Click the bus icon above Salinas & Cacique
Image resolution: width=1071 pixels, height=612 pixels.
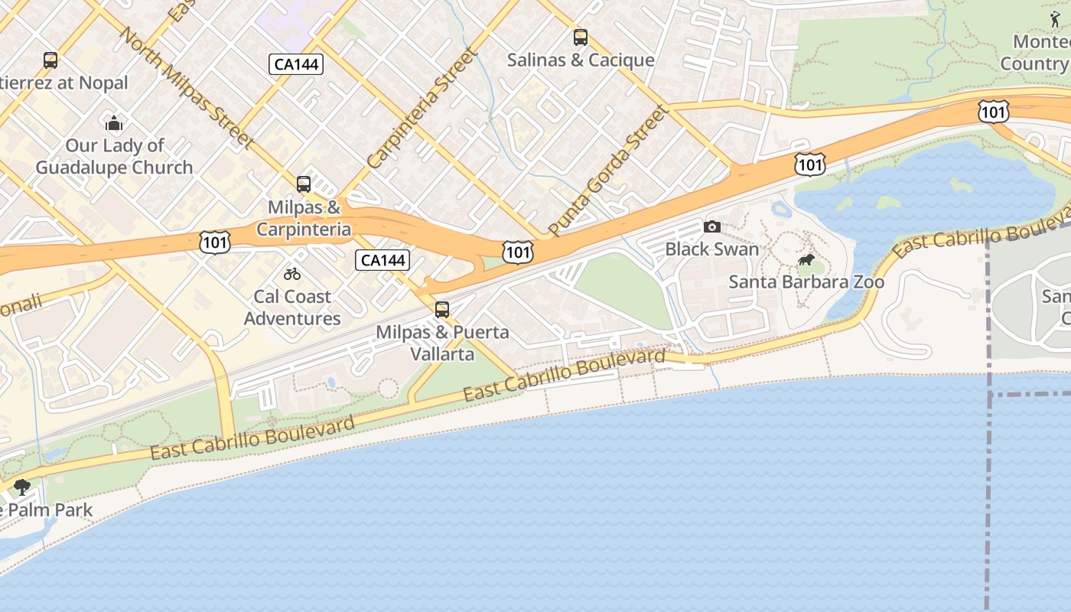pos(581,37)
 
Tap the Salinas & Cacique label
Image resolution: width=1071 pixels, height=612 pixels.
pos(581,60)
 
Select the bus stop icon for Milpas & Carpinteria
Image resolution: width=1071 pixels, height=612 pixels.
pos(304,184)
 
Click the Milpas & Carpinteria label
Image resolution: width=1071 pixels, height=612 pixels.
pos(304,218)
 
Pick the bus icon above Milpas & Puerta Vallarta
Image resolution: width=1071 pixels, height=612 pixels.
pos(442,309)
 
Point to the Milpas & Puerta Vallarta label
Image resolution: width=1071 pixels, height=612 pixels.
pos(442,343)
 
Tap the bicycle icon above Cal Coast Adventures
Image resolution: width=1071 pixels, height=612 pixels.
pos(292,273)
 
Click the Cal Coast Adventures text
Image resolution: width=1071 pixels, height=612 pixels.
pos(292,308)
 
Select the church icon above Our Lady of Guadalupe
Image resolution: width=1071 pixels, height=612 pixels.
pos(114,122)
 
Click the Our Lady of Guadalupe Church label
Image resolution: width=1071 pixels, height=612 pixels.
pos(114,157)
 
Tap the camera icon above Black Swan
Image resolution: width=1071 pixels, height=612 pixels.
pos(711,226)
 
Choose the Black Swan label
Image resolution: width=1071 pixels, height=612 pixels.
pos(711,249)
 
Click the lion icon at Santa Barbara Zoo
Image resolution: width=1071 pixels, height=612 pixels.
pos(806,260)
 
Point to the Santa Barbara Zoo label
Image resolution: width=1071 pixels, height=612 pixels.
pos(806,282)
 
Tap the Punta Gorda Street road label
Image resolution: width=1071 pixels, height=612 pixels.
pos(608,171)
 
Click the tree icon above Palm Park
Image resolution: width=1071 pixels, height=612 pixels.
pos(22,487)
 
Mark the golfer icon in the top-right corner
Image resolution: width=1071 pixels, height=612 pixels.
pos(1056,18)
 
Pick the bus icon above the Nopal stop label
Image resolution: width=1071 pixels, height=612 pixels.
pos(50,60)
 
